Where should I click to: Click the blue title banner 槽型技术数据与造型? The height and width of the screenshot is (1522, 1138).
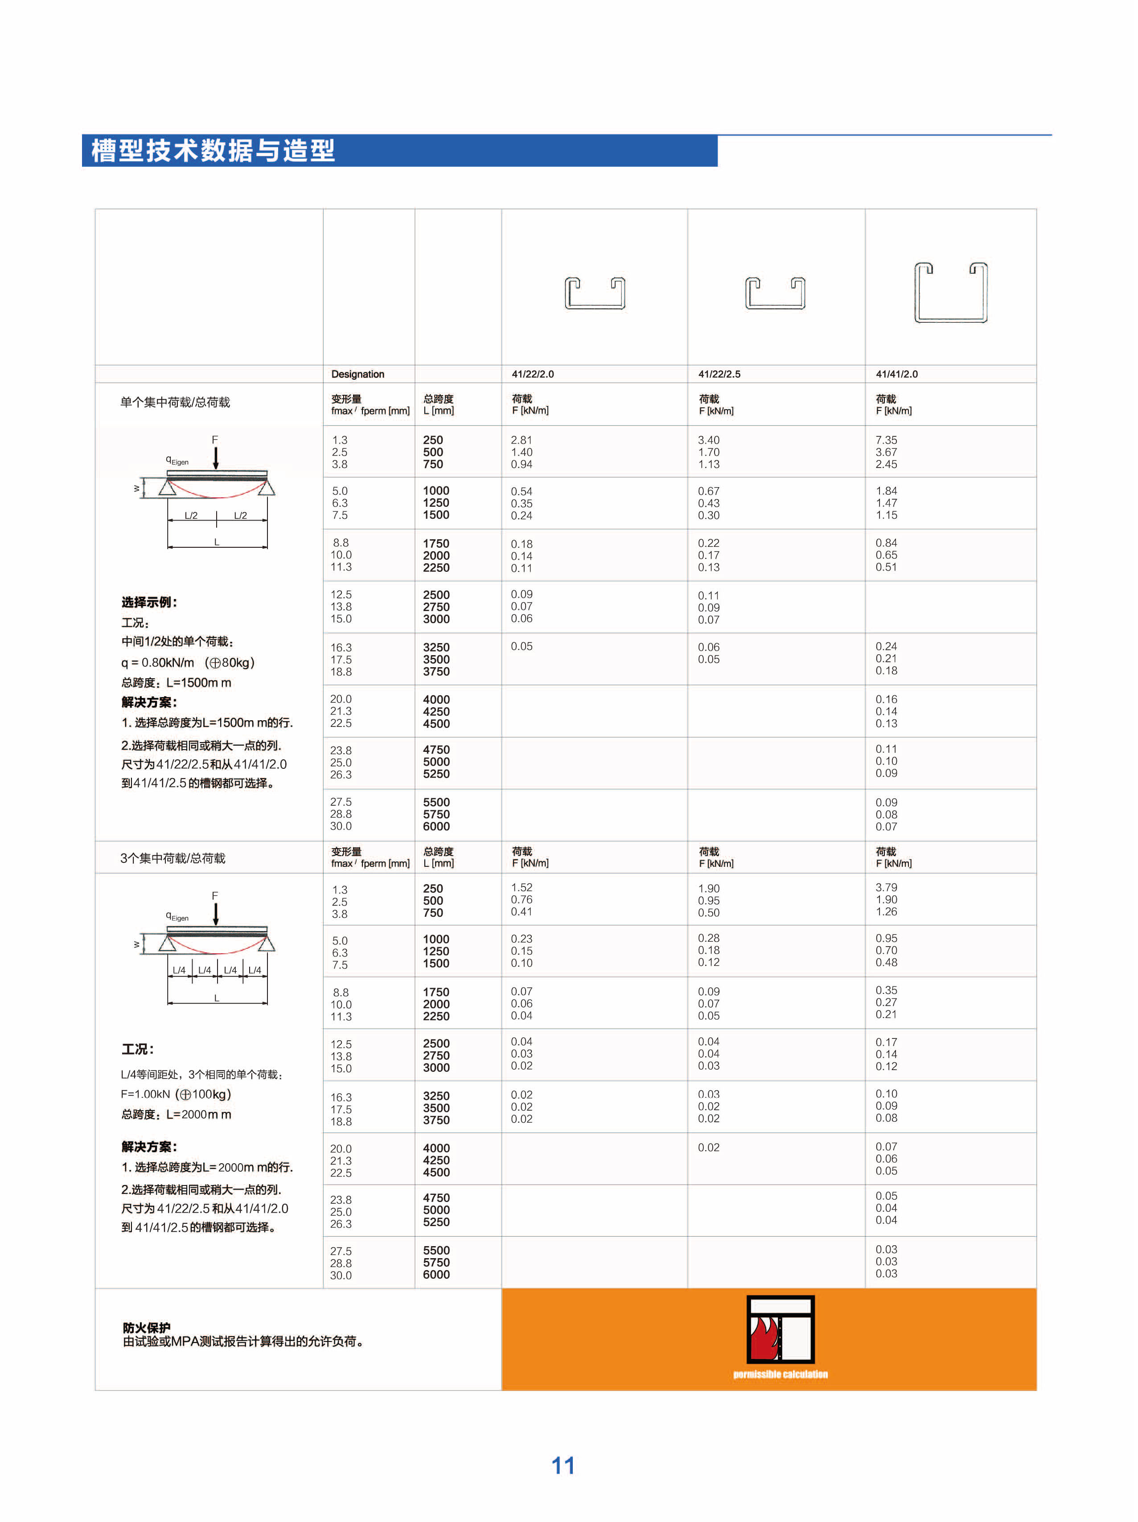click(213, 151)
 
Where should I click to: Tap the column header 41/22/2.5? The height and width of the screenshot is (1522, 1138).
click(719, 374)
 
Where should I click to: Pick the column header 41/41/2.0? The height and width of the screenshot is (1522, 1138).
click(896, 374)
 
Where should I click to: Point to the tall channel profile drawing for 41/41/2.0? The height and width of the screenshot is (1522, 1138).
click(950, 292)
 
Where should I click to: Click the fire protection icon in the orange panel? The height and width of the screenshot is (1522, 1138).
click(780, 1329)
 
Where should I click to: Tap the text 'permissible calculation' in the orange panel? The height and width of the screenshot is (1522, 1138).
click(780, 1374)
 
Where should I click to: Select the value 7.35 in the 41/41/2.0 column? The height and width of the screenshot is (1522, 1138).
click(886, 440)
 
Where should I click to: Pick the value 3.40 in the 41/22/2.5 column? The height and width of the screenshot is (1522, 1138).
click(709, 440)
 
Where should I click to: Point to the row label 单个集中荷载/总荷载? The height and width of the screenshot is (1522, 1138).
click(175, 402)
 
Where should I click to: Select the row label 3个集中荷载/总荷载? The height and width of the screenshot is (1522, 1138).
click(173, 858)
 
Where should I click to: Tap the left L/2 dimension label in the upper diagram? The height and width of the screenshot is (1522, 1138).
click(191, 515)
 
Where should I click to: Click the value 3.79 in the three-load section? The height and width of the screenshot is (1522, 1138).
click(886, 888)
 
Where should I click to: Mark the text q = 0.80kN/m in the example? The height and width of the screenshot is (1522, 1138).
click(157, 663)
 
